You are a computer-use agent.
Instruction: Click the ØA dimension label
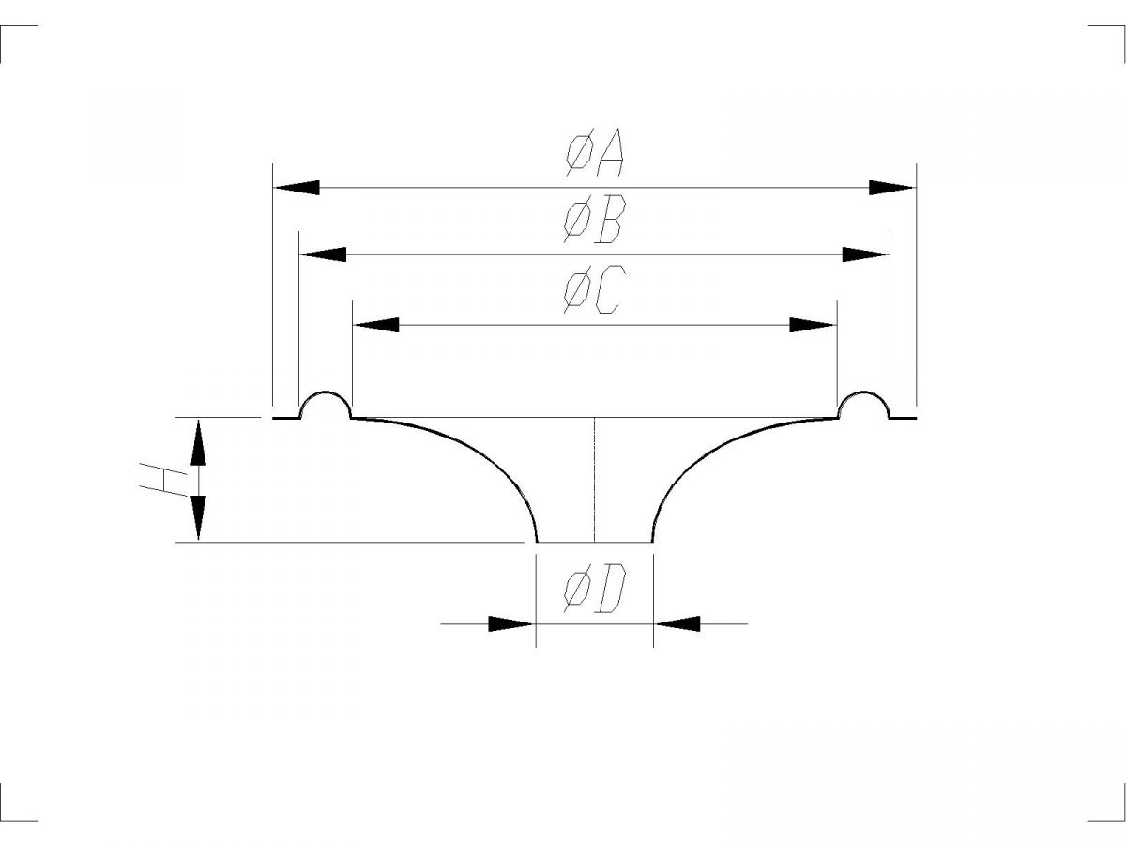click(595, 152)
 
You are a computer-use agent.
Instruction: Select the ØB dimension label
click(594, 220)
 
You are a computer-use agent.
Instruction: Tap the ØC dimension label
click(594, 289)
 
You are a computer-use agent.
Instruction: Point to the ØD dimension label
click(595, 589)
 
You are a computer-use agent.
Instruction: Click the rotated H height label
click(163, 480)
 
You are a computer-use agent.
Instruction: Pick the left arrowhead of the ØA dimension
click(297, 188)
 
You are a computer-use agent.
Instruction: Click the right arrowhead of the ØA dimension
click(892, 188)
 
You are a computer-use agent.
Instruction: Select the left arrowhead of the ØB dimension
click(323, 254)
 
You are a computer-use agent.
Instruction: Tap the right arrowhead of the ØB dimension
click(865, 254)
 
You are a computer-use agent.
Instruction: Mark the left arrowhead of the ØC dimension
click(376, 325)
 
